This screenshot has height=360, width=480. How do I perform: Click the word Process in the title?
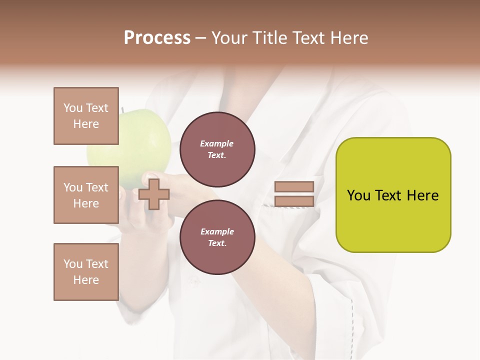pyautogui.click(x=157, y=37)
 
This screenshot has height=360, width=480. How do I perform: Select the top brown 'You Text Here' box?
pyautogui.click(x=86, y=116)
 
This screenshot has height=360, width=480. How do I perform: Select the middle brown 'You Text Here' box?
pyautogui.click(x=86, y=195)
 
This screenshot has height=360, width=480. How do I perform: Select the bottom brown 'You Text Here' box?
pyautogui.click(x=86, y=272)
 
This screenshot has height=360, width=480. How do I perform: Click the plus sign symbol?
pyautogui.click(x=153, y=194)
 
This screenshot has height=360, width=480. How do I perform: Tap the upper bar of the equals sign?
pyautogui.click(x=294, y=187)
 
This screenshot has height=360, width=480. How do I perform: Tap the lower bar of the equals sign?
pyautogui.click(x=294, y=201)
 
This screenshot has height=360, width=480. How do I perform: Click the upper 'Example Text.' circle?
pyautogui.click(x=217, y=149)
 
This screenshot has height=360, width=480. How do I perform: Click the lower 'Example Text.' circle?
pyautogui.click(x=217, y=237)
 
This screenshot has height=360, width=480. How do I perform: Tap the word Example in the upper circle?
pyautogui.click(x=217, y=143)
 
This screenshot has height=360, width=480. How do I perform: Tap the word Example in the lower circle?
pyautogui.click(x=217, y=231)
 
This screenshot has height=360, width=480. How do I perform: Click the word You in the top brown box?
pyautogui.click(x=73, y=108)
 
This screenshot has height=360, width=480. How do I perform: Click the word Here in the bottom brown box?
pyautogui.click(x=86, y=280)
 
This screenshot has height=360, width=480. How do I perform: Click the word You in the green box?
pyautogui.click(x=358, y=195)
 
